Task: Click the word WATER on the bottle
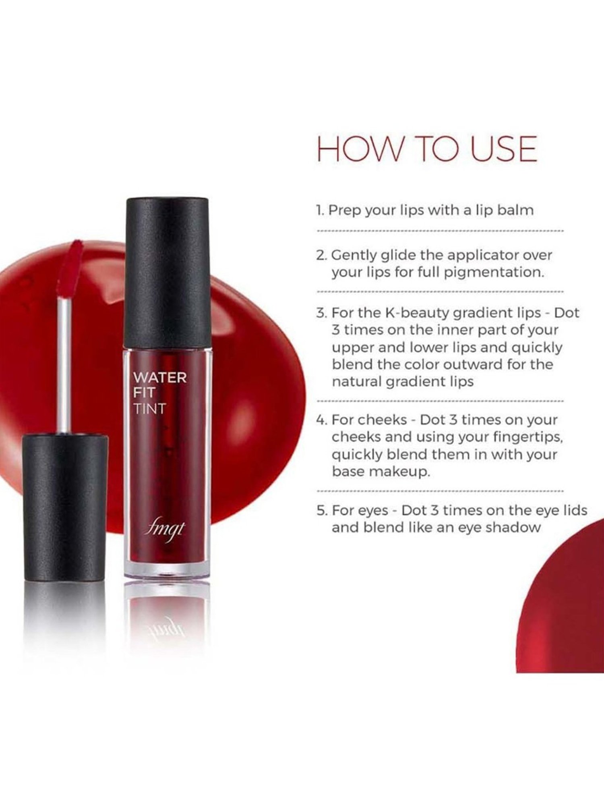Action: [x=160, y=378]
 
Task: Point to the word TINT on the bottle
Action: [x=149, y=408]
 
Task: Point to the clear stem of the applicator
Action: [x=64, y=363]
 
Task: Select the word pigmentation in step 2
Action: [x=494, y=272]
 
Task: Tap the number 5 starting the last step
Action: [x=321, y=510]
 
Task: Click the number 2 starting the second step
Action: [x=321, y=255]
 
